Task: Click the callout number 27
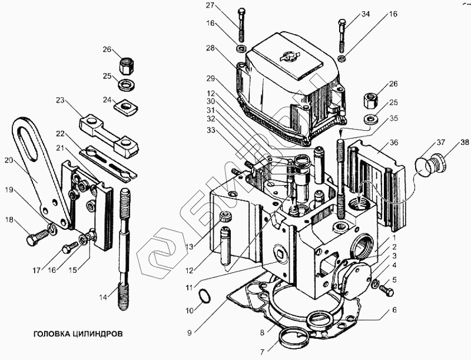210,6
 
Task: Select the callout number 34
366,14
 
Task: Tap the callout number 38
465,142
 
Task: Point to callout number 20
8,159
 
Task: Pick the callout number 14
104,298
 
